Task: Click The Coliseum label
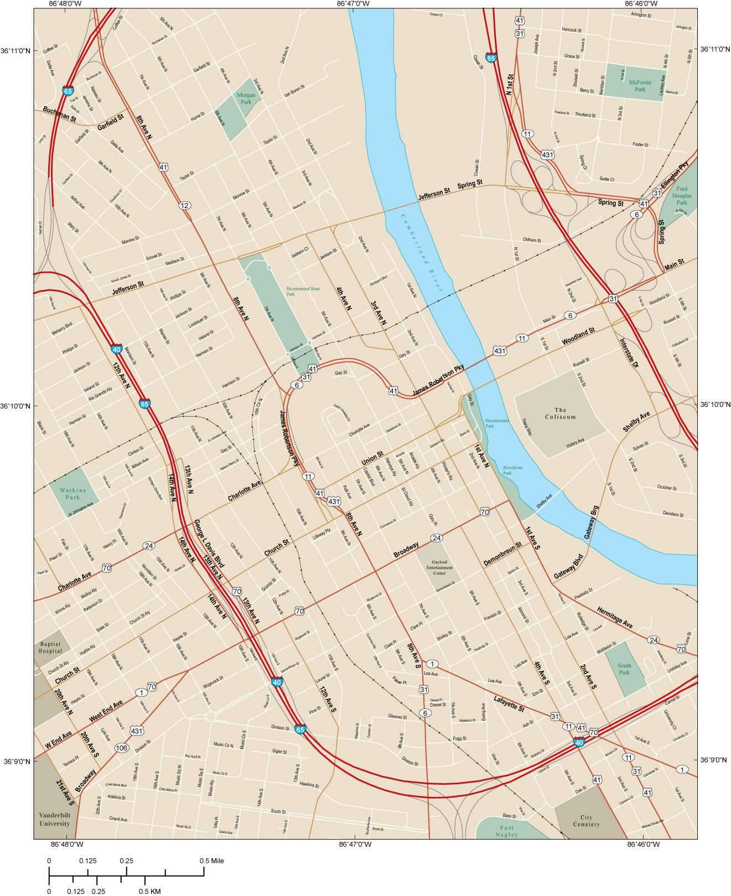pos(561,413)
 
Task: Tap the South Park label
pos(624,669)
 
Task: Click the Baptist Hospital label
pos(51,648)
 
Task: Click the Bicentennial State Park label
pos(303,291)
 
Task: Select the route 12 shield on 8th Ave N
pos(185,206)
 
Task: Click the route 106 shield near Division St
pos(122,748)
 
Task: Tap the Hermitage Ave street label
pos(614,617)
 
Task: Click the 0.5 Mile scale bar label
pos(212,861)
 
